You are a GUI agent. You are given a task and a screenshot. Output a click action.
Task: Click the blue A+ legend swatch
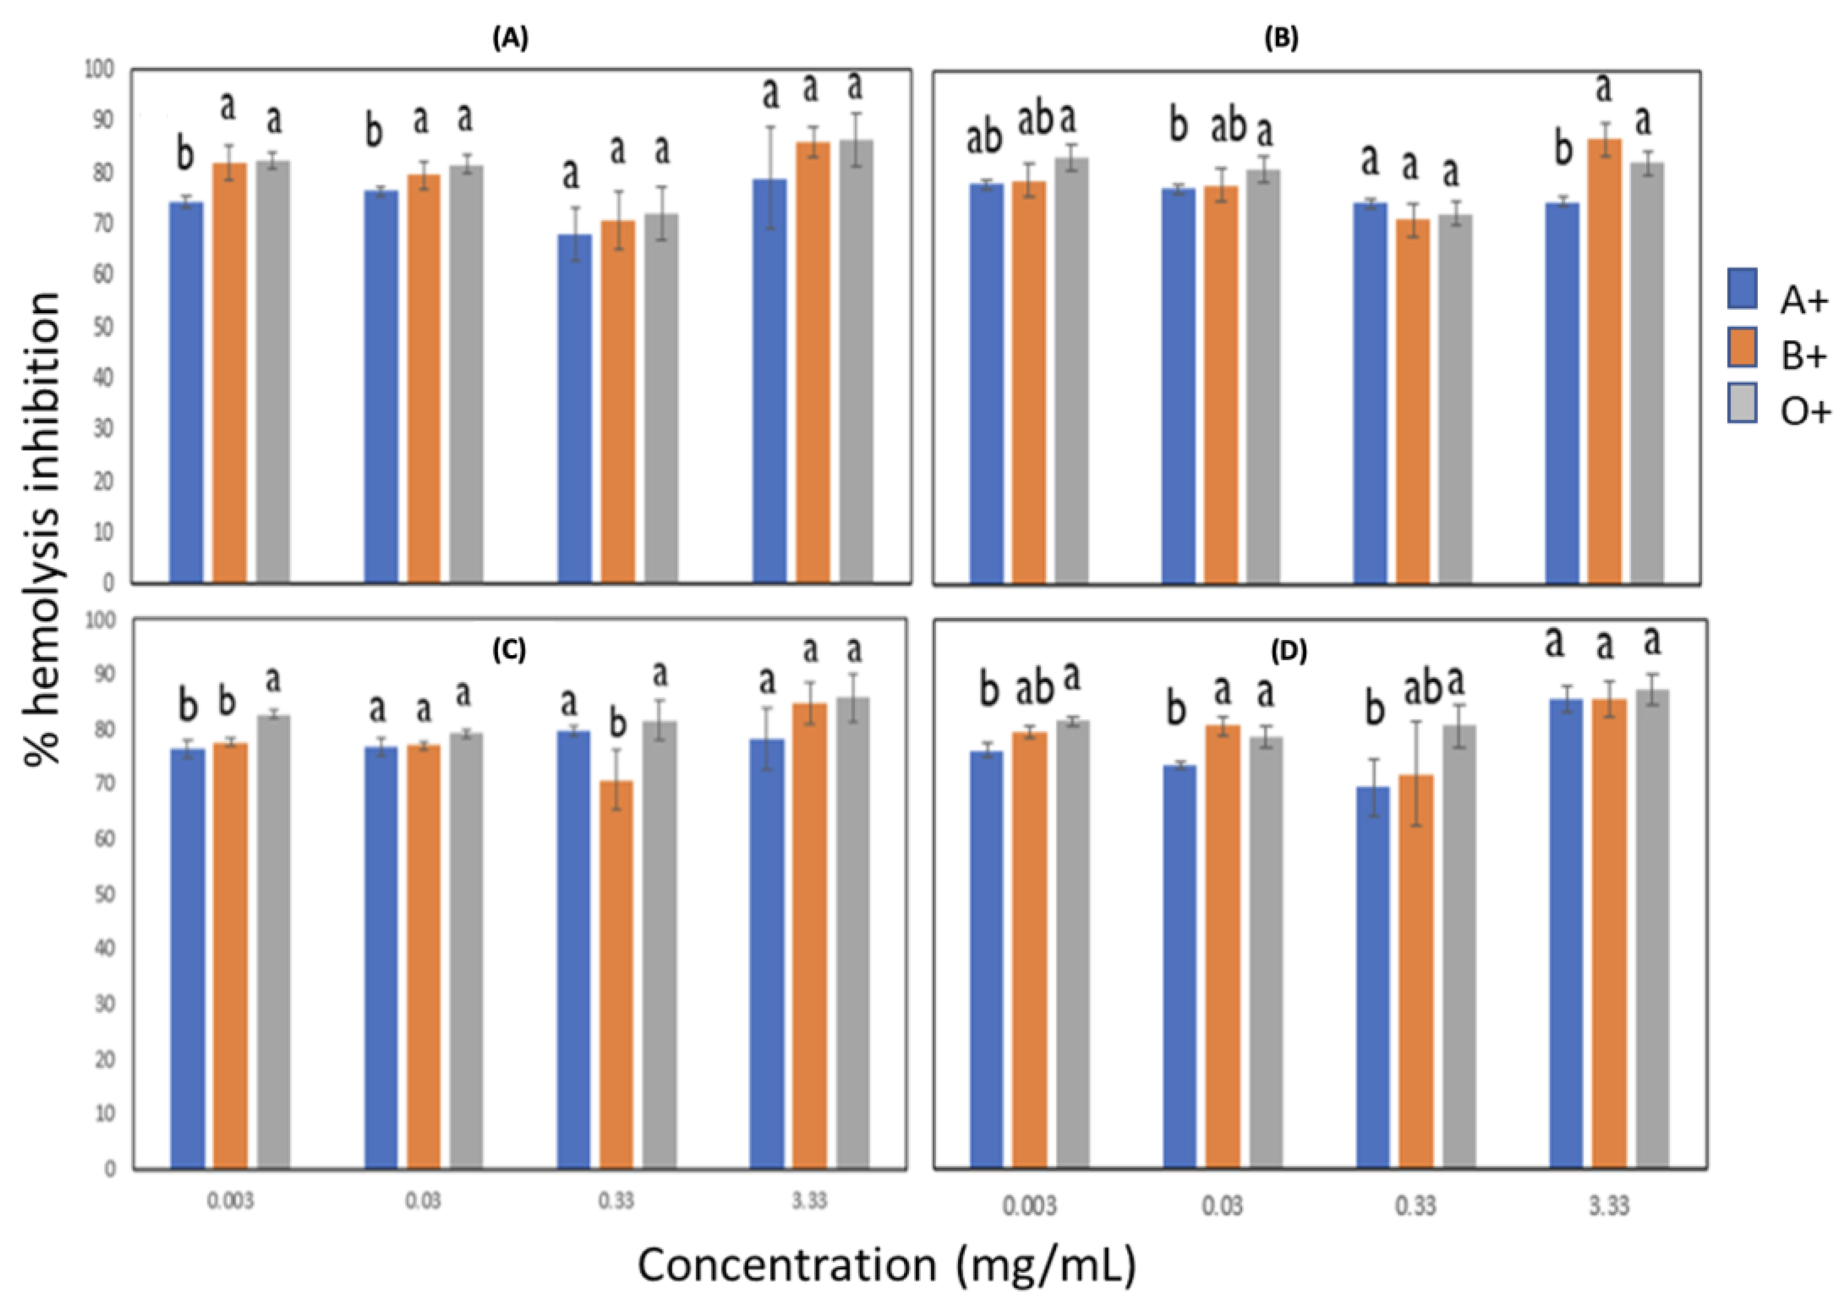pyautogui.click(x=1742, y=288)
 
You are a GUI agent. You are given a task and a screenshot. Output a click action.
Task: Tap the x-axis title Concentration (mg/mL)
pyautogui.click(x=886, y=1265)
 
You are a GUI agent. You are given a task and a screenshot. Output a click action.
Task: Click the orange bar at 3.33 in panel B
pyautogui.click(x=1604, y=362)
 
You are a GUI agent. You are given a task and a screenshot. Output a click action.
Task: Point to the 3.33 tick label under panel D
pyautogui.click(x=1609, y=1206)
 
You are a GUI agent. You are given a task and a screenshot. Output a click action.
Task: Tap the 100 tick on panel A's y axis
pyautogui.click(x=100, y=70)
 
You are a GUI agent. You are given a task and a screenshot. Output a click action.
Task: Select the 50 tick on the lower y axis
pyautogui.click(x=104, y=894)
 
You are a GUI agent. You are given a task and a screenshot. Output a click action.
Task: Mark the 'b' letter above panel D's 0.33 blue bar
pyautogui.click(x=1375, y=710)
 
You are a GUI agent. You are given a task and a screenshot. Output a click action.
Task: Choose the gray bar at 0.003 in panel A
pyautogui.click(x=273, y=370)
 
